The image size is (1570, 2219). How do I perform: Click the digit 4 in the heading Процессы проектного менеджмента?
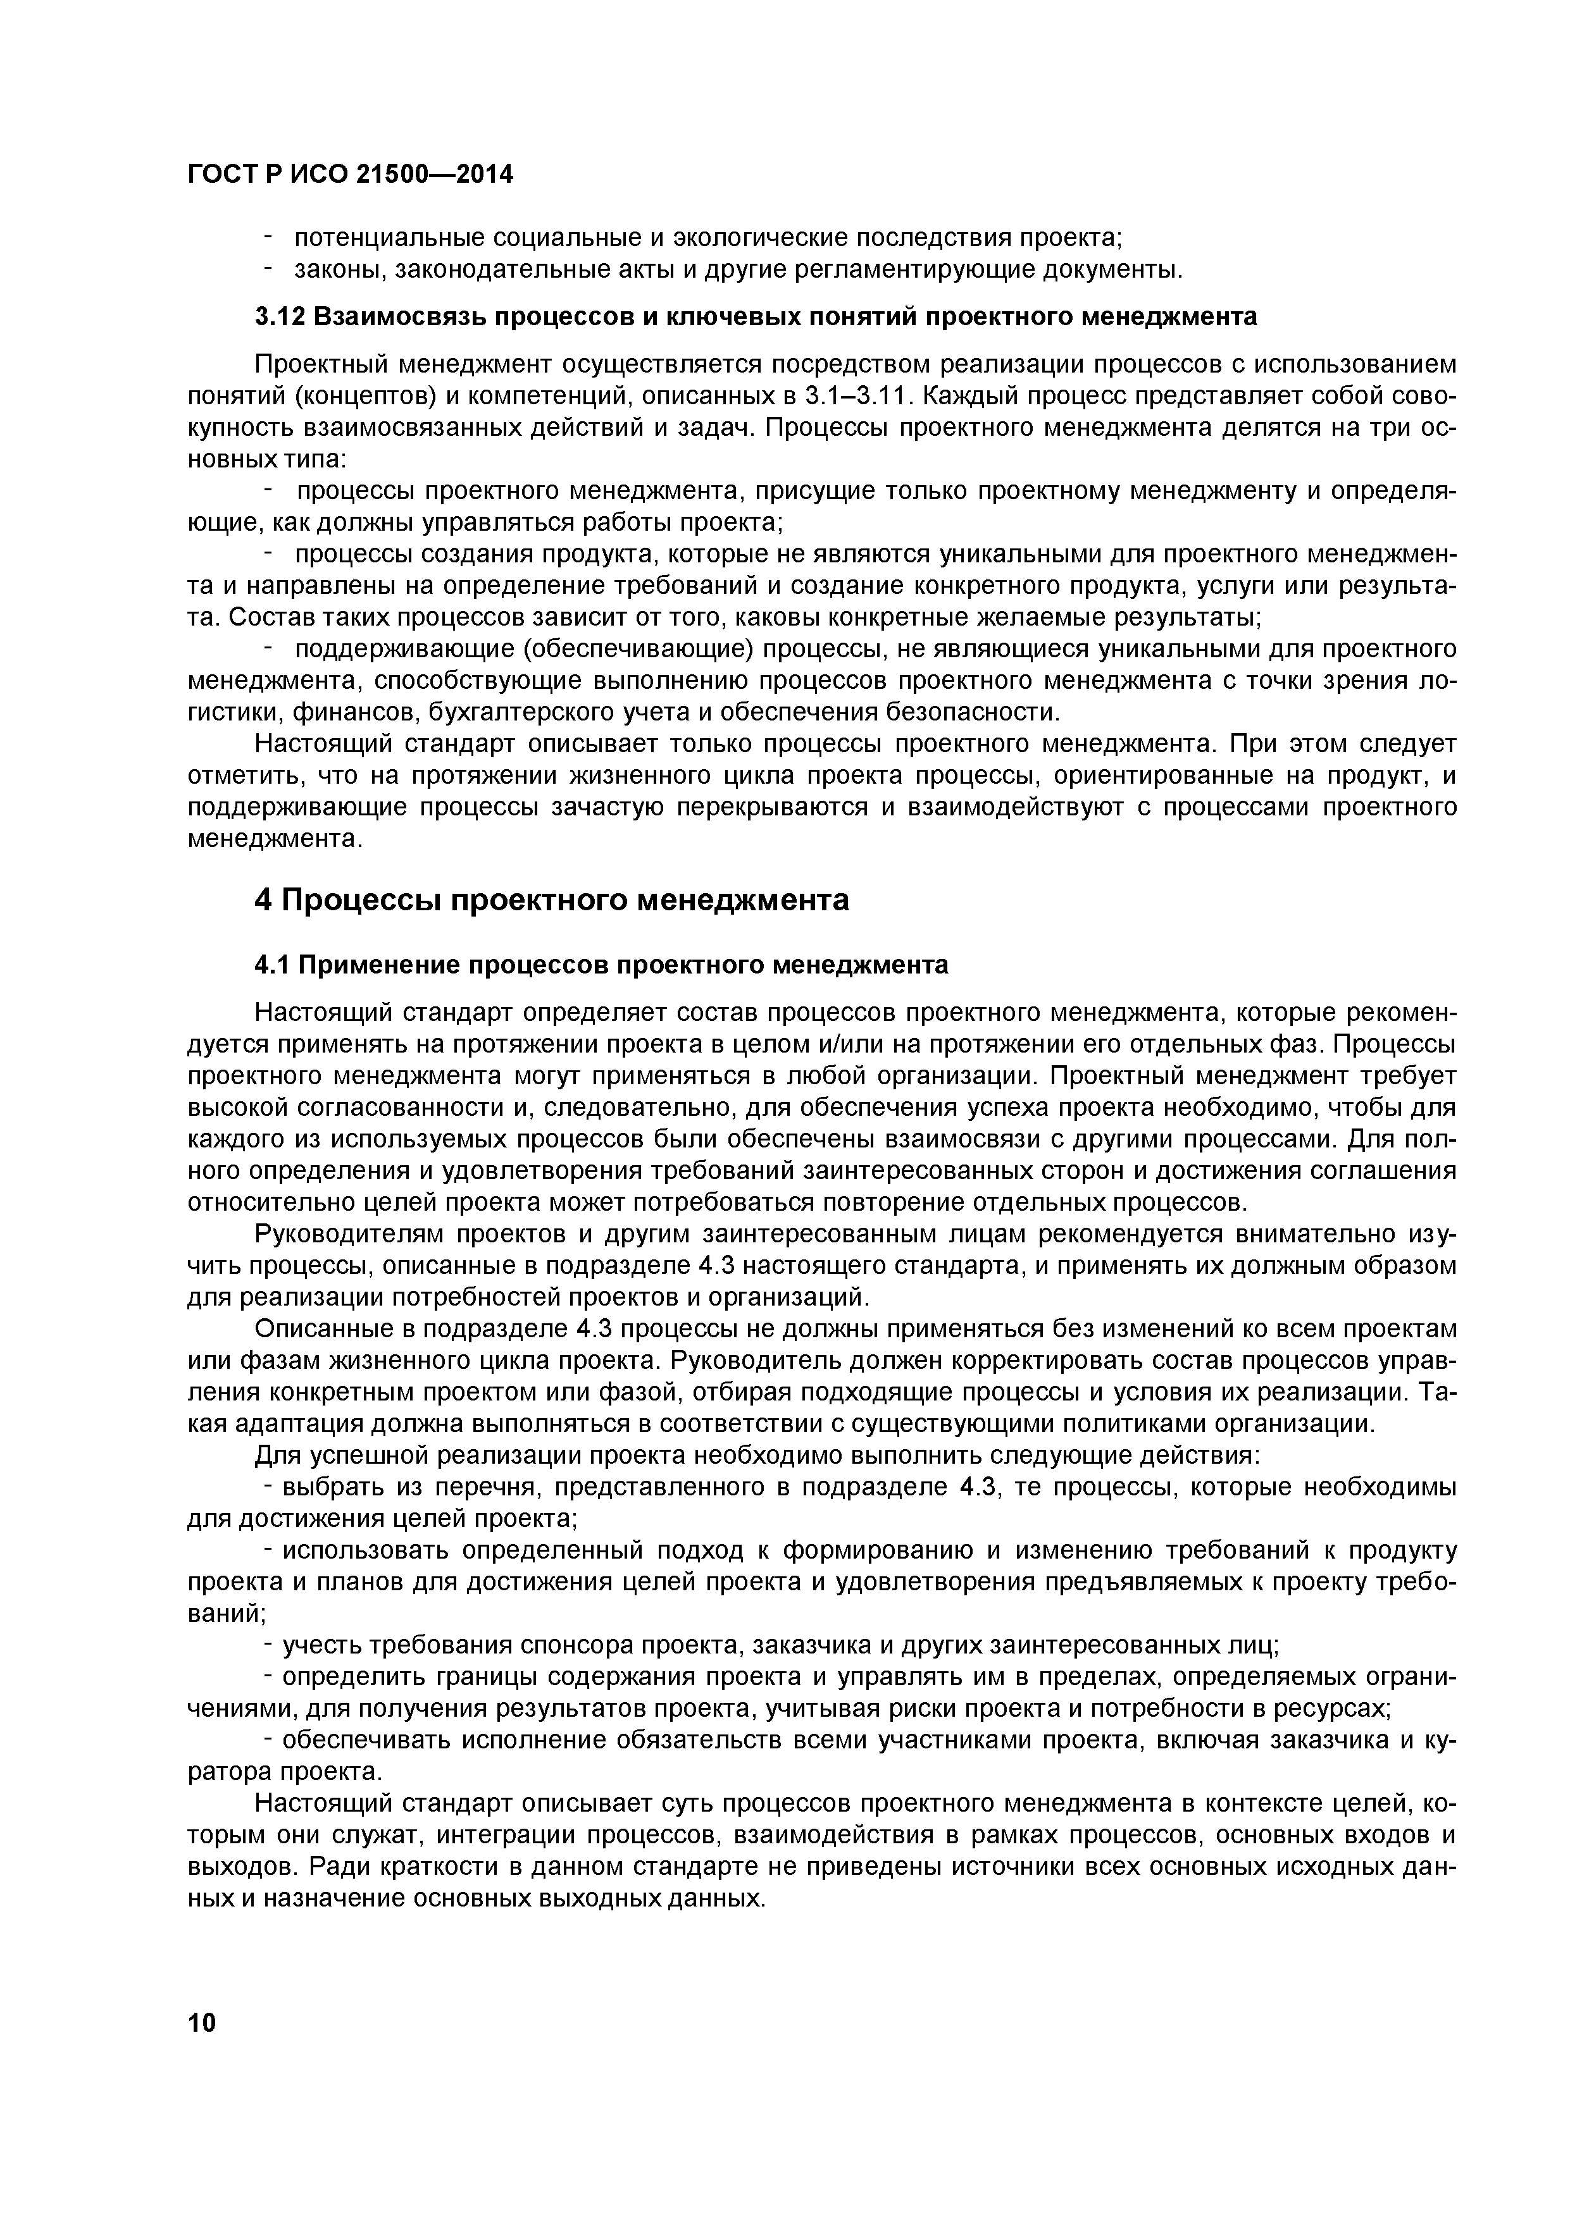coord(263,899)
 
